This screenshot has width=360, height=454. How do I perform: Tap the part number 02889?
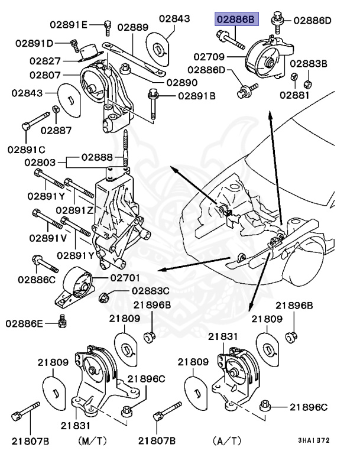click(x=132, y=27)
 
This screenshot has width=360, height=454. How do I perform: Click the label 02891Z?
click(x=75, y=209)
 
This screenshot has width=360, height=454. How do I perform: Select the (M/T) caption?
click(x=93, y=440)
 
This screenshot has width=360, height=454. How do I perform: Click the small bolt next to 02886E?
click(x=63, y=322)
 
